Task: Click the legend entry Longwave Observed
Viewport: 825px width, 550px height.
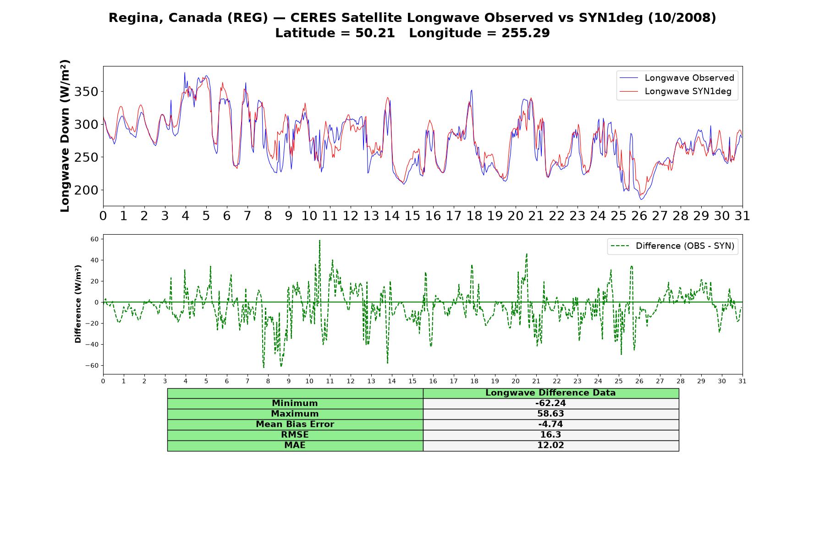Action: [x=676, y=78]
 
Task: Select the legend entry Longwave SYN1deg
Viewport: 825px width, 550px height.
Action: [x=675, y=91]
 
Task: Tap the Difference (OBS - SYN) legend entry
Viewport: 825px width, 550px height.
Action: [x=672, y=246]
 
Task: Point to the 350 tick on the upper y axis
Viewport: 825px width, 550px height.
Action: [x=87, y=92]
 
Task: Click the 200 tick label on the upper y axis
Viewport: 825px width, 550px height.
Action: [x=87, y=190]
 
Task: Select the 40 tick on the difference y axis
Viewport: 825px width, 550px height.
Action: [x=94, y=260]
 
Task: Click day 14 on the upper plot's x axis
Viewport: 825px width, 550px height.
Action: [x=391, y=216]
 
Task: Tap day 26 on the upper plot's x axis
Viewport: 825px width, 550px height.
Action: [x=639, y=216]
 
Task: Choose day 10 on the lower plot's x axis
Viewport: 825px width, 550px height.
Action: [x=309, y=381]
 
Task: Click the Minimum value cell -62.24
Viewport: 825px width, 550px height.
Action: [x=550, y=403]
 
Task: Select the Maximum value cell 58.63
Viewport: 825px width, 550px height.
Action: [x=550, y=414]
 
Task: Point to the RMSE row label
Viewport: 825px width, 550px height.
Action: [x=295, y=435]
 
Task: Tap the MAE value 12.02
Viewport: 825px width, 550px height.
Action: [x=550, y=445]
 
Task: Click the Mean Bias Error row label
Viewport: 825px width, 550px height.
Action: [x=295, y=424]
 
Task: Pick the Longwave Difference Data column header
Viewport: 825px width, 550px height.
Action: [x=550, y=393]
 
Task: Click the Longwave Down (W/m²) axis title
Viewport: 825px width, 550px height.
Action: [x=65, y=136]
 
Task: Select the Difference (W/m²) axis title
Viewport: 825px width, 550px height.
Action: [x=78, y=304]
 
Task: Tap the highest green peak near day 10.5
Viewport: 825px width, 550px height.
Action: [x=319, y=240]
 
